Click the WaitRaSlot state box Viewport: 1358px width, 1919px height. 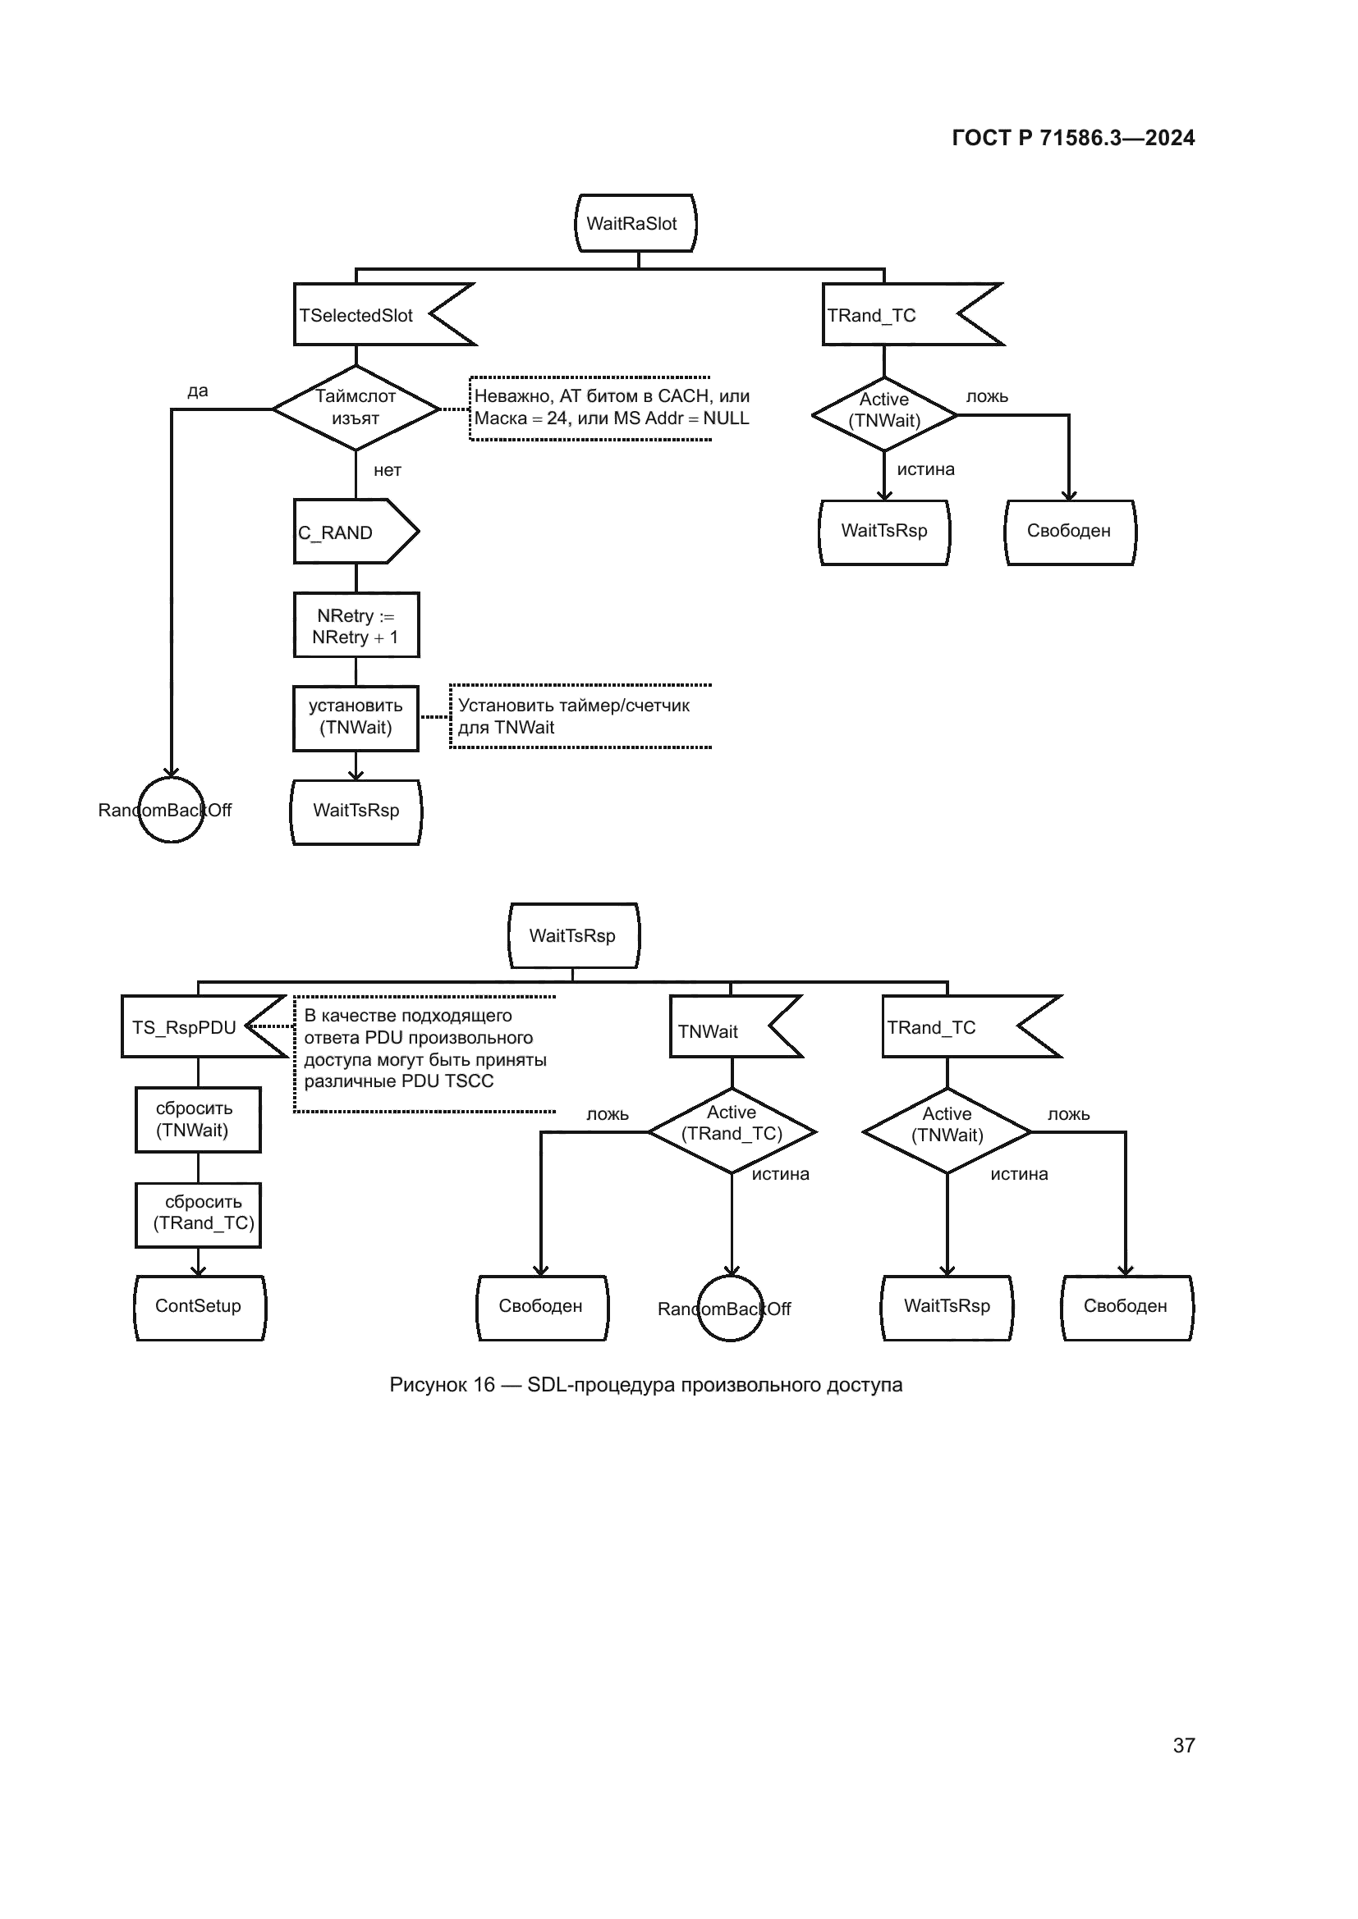(635, 223)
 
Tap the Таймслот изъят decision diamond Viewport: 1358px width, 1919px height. (356, 408)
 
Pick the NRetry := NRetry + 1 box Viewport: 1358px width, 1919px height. (356, 625)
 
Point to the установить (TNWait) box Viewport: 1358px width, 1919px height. (356, 718)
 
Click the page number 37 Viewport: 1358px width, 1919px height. (1183, 1744)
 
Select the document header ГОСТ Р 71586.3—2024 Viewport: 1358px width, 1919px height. (1073, 138)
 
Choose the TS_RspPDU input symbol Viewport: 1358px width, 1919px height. (192, 1026)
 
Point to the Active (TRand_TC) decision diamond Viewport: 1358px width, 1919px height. (732, 1131)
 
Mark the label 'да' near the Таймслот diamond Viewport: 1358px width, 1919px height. (197, 391)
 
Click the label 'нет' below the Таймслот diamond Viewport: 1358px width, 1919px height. (388, 471)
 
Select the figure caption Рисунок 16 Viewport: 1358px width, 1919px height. (645, 1385)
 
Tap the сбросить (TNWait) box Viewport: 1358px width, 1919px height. (198, 1120)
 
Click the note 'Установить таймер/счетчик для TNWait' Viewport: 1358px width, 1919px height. (579, 716)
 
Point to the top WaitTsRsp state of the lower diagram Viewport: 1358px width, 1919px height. (574, 936)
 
